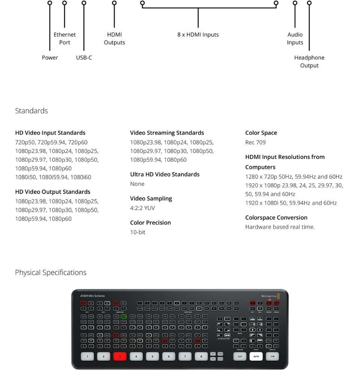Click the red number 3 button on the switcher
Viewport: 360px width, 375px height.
[x=120, y=356]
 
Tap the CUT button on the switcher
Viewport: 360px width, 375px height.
[x=240, y=356]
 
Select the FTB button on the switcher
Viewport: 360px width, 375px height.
[x=272, y=356]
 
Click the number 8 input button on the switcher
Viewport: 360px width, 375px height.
[x=201, y=356]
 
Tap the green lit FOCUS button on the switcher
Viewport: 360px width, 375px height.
[x=123, y=316]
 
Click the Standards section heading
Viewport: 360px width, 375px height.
[x=31, y=111]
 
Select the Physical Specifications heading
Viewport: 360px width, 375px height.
[x=51, y=272]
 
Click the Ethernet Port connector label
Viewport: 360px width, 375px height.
[x=64, y=38]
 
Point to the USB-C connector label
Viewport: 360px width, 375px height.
[x=84, y=57]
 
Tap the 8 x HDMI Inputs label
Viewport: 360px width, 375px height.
[x=198, y=34]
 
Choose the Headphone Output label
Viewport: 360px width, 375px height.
[x=309, y=61]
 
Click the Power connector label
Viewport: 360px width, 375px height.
[x=50, y=57]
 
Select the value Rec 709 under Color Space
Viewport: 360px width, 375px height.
[x=255, y=142]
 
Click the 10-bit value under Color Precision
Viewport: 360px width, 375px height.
[x=138, y=232]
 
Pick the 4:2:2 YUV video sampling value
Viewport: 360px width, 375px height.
[x=142, y=208]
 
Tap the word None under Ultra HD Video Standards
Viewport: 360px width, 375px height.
[x=137, y=184]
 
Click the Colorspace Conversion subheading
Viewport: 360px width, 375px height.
[x=276, y=217]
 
